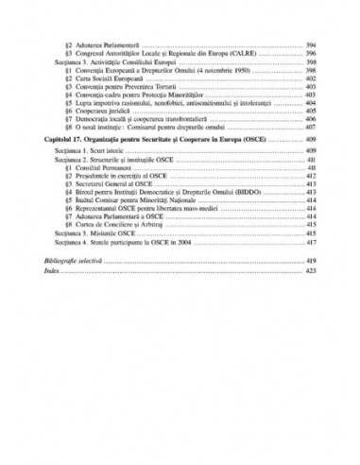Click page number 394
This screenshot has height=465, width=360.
[311, 43]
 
